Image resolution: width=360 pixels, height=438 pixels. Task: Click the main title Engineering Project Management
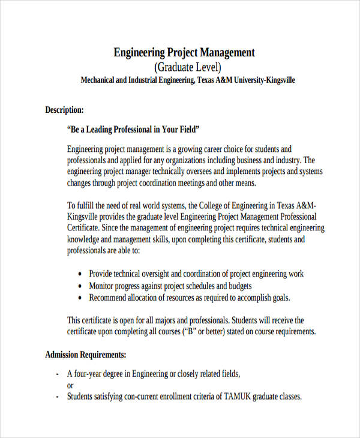pos(184,53)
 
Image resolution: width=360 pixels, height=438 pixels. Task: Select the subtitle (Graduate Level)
pos(188,67)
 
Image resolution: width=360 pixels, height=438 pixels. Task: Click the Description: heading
pos(64,110)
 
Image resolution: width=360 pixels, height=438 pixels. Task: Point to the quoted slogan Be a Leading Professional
pos(133,129)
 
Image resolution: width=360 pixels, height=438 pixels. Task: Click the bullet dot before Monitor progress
pos(80,286)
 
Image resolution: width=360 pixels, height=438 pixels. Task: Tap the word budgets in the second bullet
pos(238,286)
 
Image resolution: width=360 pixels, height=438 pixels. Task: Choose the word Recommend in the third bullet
pos(109,298)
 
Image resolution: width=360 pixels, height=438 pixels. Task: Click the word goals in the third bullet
pos(278,298)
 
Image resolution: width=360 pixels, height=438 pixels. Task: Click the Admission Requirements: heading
pos(85,355)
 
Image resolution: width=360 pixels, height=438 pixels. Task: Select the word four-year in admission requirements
pos(92,374)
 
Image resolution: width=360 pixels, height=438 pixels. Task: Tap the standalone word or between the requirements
pos(70,386)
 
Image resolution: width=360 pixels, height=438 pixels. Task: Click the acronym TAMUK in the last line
pos(231,397)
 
